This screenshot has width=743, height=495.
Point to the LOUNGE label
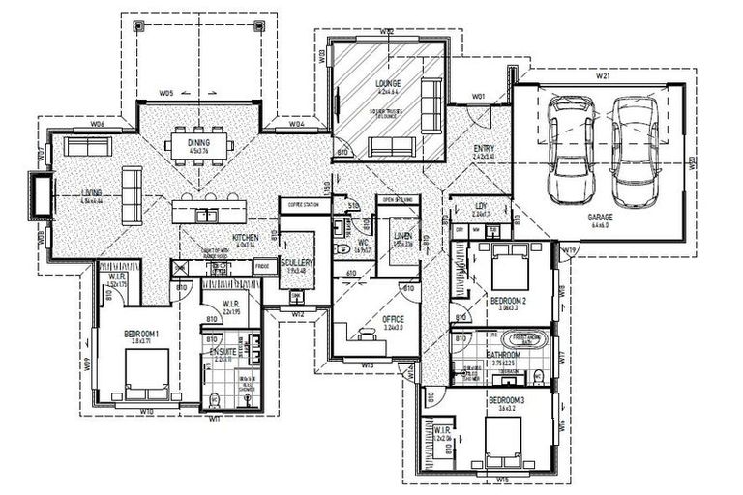(x=388, y=84)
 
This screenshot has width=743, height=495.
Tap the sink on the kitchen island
(x=207, y=211)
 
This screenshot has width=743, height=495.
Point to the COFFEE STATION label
(x=297, y=204)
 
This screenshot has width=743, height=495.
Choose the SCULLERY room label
(x=294, y=263)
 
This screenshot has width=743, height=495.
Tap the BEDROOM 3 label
(x=506, y=399)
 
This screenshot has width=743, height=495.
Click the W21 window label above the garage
(x=601, y=75)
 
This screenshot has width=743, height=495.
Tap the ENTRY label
(x=485, y=147)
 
